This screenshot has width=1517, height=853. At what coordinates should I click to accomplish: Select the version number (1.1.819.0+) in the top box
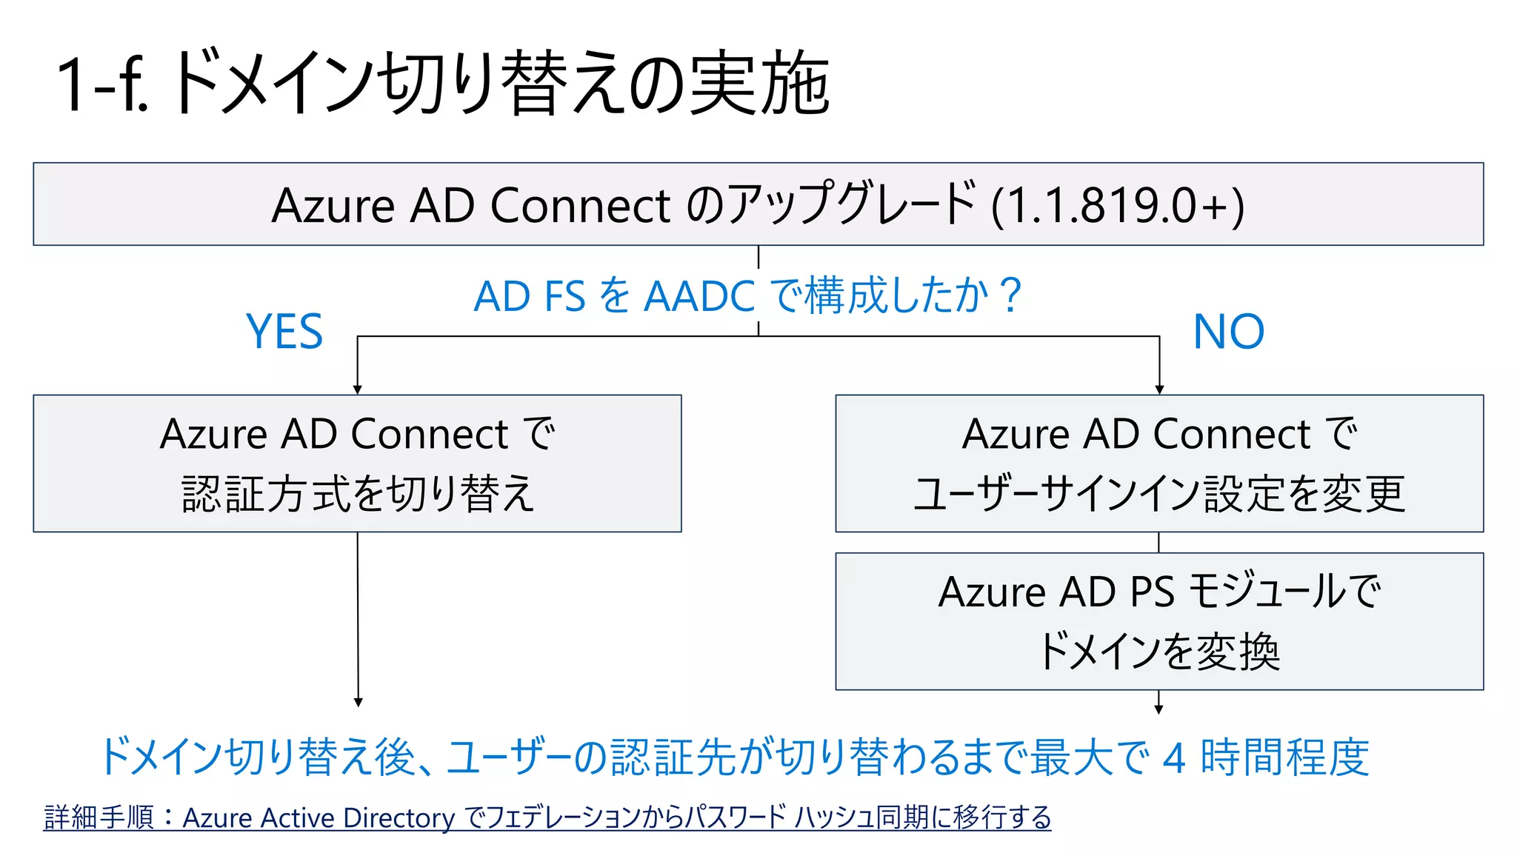coord(1118,205)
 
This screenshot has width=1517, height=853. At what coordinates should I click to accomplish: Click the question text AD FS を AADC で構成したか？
coord(747,295)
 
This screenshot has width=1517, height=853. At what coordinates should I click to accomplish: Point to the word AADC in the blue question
coord(699,296)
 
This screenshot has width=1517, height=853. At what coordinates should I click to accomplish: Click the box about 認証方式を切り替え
coord(357,464)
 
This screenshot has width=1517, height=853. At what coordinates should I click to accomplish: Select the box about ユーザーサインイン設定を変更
coord(1159,464)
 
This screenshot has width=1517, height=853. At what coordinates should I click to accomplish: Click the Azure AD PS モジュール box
coord(1159,621)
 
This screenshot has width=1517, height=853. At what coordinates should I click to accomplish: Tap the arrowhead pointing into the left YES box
coord(358,389)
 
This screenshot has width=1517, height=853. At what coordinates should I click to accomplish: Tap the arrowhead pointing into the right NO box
coord(1159,389)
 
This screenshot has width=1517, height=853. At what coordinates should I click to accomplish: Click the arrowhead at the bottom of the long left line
coord(359,702)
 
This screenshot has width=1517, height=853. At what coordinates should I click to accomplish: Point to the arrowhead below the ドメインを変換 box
coord(1158,709)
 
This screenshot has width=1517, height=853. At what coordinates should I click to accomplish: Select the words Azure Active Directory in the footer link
coord(319,817)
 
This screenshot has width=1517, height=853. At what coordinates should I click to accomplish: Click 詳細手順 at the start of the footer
coord(99,817)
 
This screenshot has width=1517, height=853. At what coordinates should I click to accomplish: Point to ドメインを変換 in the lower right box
coord(1159,652)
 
